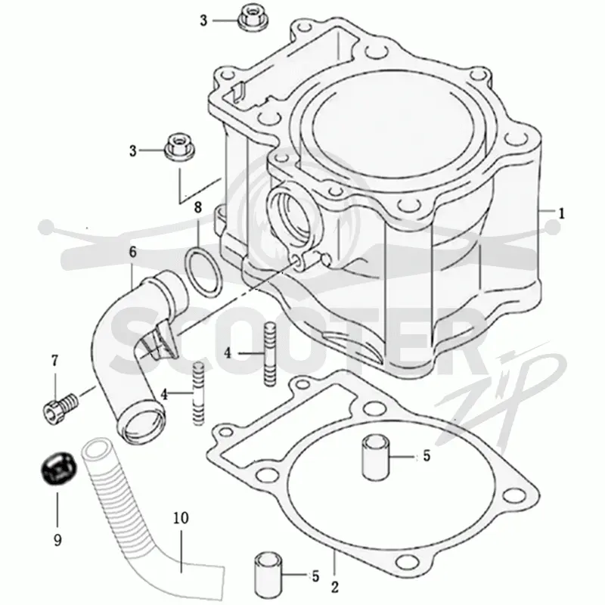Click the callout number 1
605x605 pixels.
point(562,213)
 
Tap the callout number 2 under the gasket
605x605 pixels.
point(334,587)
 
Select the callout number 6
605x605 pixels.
point(133,252)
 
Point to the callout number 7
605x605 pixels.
point(54,361)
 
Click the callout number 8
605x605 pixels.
point(197,207)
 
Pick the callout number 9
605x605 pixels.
point(57,540)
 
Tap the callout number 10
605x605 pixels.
point(181,518)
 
